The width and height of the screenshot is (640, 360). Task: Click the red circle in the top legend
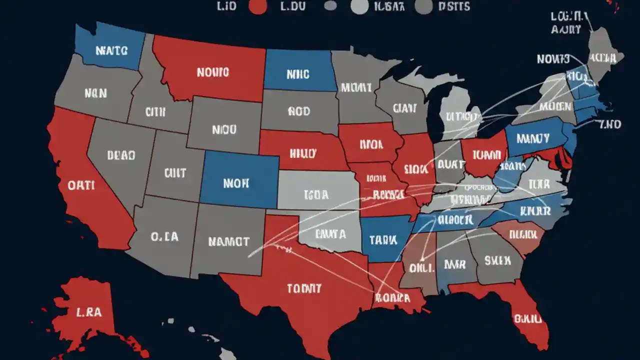pos(257,6)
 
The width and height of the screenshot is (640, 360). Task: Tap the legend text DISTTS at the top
pos(454,6)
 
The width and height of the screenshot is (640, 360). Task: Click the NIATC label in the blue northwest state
pos(111,50)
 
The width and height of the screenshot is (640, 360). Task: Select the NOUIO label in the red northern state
pos(212,72)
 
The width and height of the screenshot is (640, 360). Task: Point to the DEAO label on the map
pos(121,155)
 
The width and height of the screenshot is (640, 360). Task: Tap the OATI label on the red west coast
pos(81,185)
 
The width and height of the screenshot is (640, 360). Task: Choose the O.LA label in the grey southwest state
pos(164,236)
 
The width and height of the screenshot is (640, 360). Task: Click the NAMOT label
pos(228,241)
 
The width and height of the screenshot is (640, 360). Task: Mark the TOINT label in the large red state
pos(304,288)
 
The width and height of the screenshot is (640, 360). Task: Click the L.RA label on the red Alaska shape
pos(89,312)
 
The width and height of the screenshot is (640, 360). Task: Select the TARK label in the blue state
pos(383,240)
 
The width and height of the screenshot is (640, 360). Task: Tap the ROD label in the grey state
pos(299,111)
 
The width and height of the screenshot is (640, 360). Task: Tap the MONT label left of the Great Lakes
pos(356,88)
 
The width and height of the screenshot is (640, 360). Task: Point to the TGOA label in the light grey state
pos(316,195)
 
